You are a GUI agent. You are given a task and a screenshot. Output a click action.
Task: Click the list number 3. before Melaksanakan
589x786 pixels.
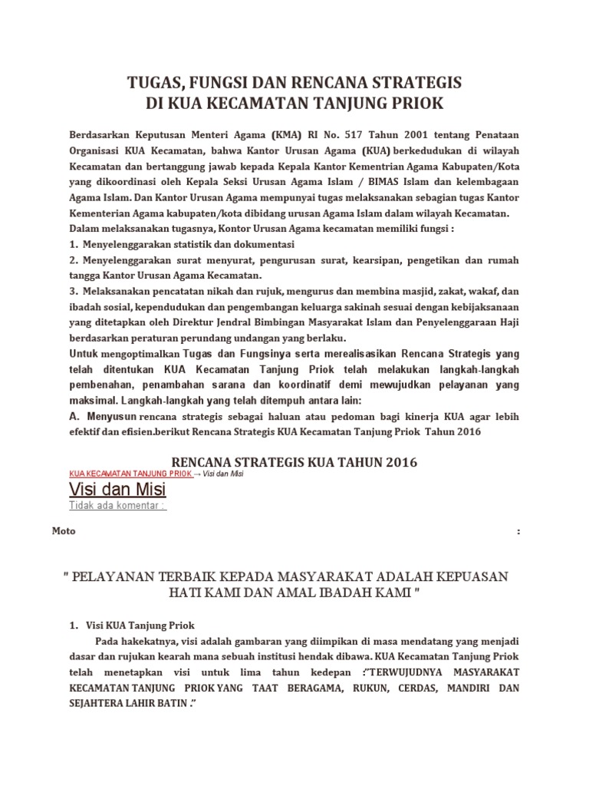[x=74, y=291]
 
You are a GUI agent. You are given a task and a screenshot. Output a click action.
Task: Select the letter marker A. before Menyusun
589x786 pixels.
[x=74, y=416]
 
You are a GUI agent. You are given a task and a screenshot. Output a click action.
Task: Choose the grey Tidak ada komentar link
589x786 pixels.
[x=117, y=506]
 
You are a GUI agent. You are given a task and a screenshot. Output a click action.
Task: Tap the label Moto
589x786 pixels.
[x=63, y=531]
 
